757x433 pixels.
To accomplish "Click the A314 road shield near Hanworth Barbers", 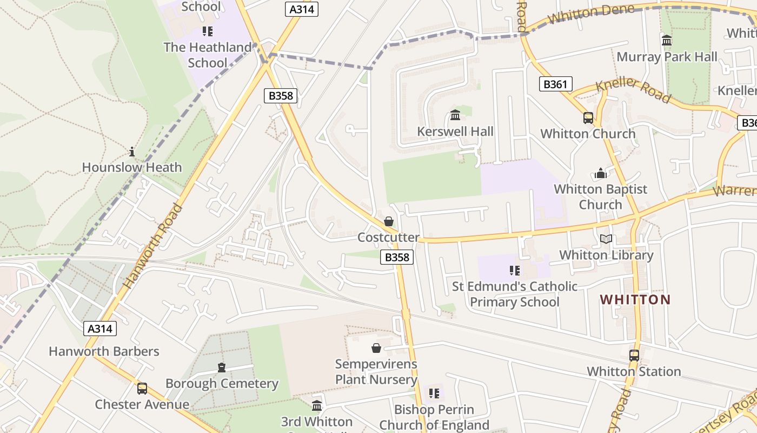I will [x=100, y=329].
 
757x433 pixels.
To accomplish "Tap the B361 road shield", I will [x=555, y=84].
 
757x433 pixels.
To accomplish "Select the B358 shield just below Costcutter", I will [x=397, y=257].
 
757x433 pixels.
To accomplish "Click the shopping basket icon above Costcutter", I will [x=388, y=221].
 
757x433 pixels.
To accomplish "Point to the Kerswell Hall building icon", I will [x=455, y=115].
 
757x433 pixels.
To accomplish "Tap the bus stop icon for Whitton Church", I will [x=588, y=117].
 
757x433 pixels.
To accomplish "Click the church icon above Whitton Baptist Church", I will [x=600, y=173].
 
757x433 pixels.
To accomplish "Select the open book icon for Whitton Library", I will [x=606, y=239].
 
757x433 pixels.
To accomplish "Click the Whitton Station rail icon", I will [x=634, y=356].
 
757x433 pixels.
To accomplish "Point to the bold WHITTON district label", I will [x=635, y=299].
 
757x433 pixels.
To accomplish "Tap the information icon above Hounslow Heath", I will [x=131, y=152].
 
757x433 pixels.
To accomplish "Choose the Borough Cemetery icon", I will [x=221, y=368].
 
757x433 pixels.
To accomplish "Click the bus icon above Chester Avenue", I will [x=142, y=388].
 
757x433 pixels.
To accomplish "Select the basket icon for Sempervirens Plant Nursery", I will [x=376, y=348].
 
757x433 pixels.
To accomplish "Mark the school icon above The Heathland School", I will [x=207, y=31].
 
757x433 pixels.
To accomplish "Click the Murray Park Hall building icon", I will [x=666, y=41].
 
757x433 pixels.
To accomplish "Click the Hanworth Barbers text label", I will [x=104, y=351].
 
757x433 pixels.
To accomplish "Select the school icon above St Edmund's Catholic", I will [x=514, y=270].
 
